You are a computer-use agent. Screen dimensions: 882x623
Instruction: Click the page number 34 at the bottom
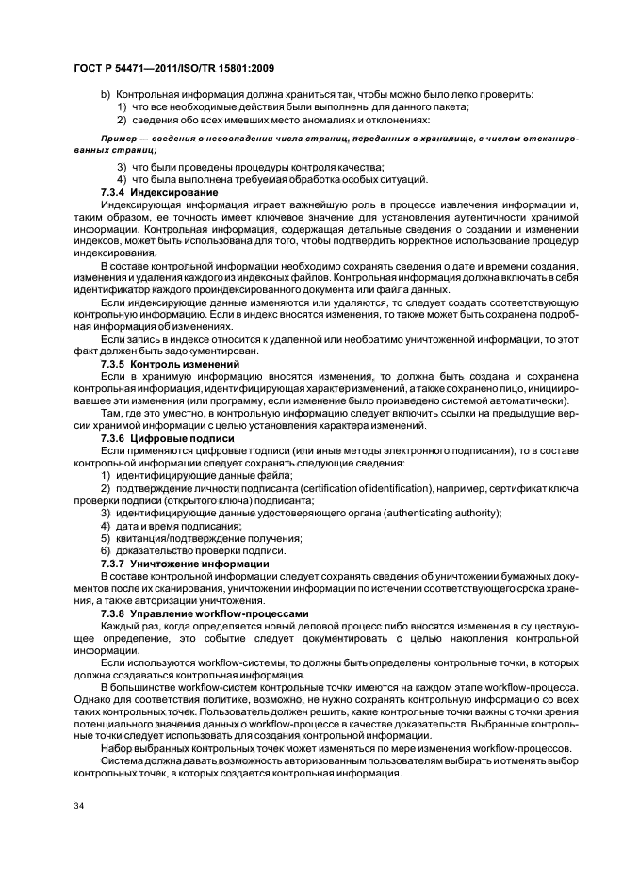(x=79, y=805)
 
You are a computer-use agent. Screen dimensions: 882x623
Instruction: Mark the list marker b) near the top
(x=106, y=95)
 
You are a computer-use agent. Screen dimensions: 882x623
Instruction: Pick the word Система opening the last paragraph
(x=126, y=759)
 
